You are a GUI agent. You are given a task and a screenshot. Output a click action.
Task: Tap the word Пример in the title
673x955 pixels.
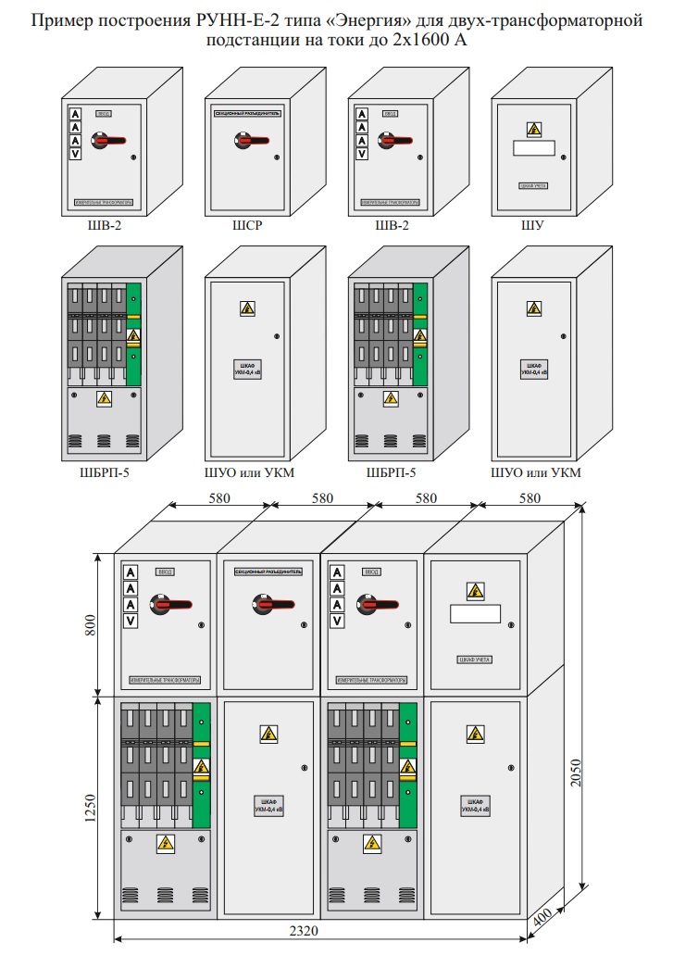coord(60,19)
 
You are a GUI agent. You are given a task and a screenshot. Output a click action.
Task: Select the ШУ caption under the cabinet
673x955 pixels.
coord(534,224)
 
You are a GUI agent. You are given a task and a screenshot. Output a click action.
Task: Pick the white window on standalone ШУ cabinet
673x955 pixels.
coord(534,148)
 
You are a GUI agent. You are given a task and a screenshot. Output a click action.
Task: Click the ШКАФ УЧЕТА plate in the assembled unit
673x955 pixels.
coord(474,660)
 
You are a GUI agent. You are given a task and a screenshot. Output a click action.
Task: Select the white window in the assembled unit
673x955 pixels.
coord(474,614)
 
